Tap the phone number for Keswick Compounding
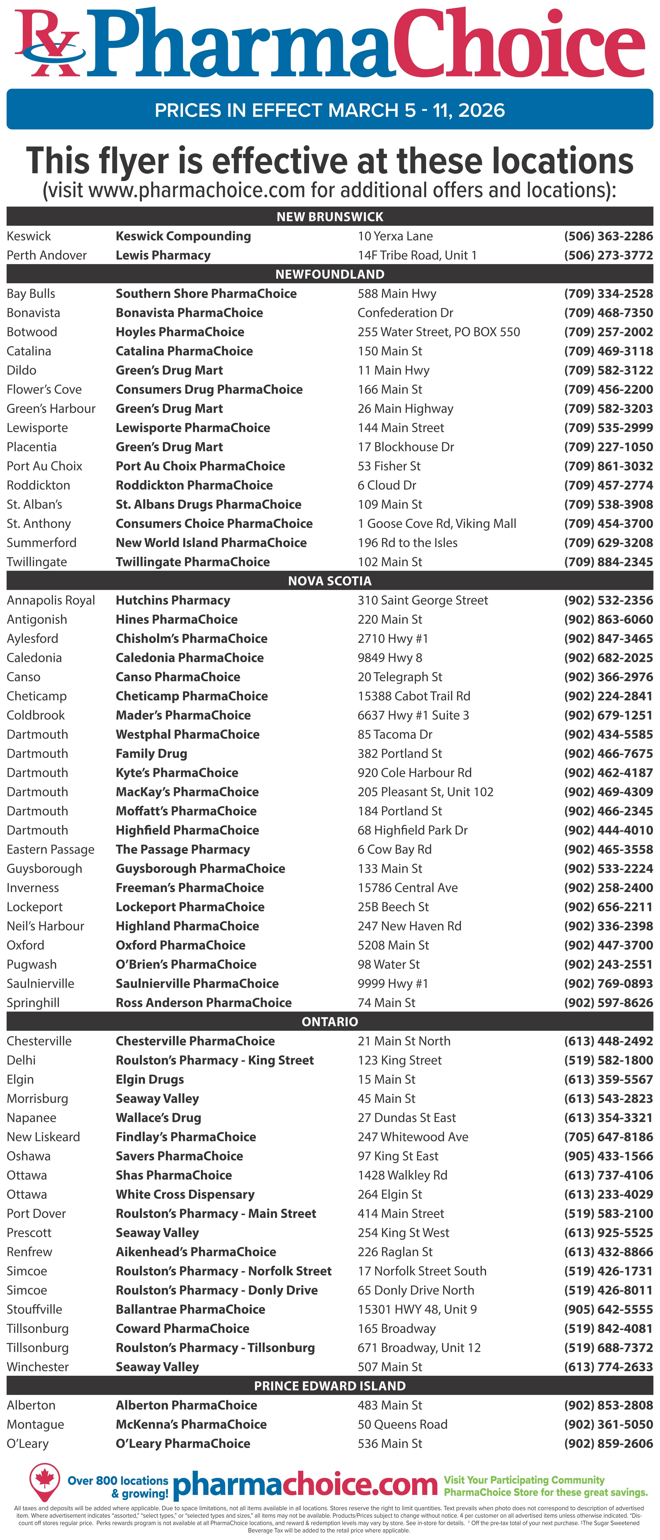coord(608,236)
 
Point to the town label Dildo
coord(21,370)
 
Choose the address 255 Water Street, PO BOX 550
coord(438,332)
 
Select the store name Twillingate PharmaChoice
coord(192,562)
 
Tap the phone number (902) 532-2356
coord(608,600)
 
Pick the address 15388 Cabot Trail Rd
coord(414,696)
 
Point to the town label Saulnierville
coord(40,983)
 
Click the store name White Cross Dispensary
coord(185,1194)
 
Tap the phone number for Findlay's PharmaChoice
coord(608,1137)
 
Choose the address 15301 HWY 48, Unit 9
coord(417,1309)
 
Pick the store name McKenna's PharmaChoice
coord(191,1424)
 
